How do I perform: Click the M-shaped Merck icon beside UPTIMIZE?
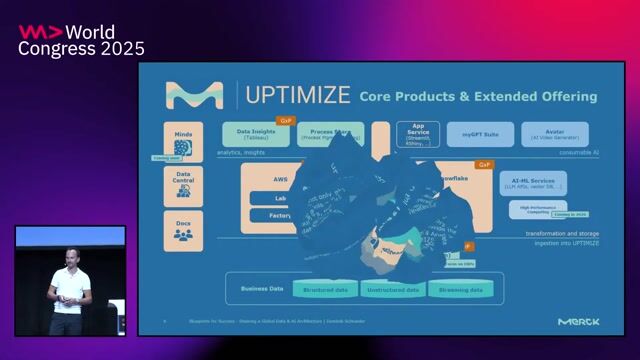(x=194, y=95)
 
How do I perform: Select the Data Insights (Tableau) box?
(x=255, y=134)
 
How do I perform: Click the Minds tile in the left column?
(x=183, y=141)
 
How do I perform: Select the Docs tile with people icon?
(x=183, y=229)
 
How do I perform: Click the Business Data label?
(x=262, y=288)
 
